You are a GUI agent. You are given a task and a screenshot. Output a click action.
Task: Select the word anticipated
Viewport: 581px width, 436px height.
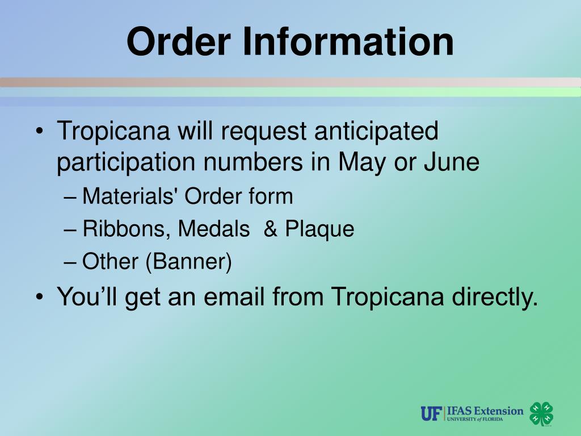tap(376, 132)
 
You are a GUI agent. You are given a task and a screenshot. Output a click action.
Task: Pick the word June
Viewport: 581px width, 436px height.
tap(452, 163)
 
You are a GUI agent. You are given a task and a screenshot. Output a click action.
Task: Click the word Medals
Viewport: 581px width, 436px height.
tap(214, 229)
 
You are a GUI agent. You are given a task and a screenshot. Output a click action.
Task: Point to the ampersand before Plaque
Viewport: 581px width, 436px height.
tap(271, 229)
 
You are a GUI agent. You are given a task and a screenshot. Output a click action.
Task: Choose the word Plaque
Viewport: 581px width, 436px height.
tap(319, 229)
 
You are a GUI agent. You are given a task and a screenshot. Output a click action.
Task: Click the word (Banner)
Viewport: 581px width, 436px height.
tap(189, 262)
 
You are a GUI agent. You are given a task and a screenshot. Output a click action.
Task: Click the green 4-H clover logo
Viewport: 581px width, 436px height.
tap(541, 413)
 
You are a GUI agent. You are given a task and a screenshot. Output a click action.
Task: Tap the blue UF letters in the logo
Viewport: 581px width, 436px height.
tap(431, 413)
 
